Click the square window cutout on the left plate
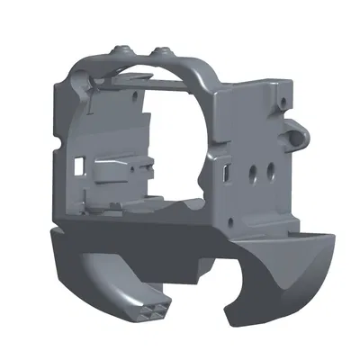(79, 165)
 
